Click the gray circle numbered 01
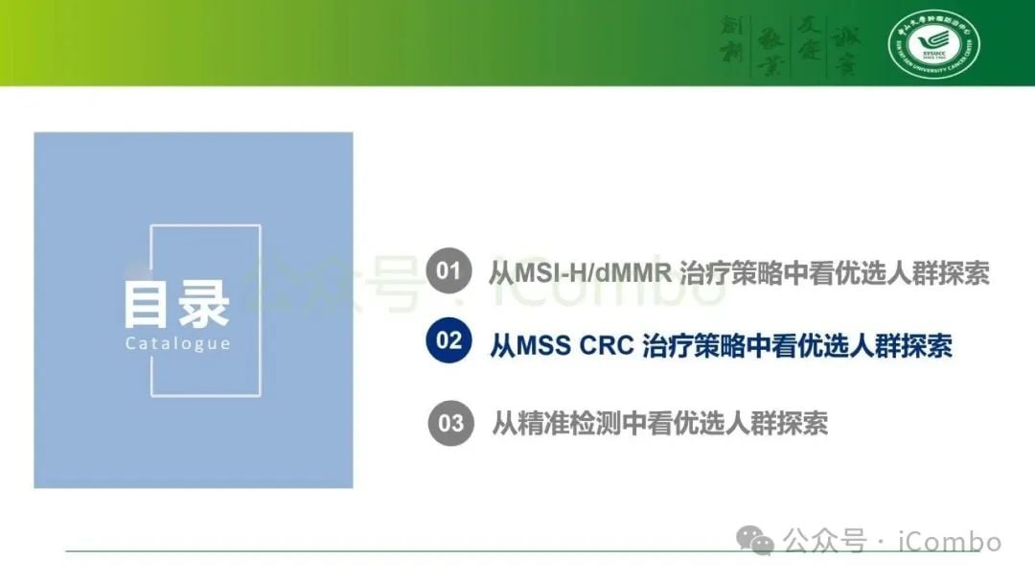click(x=448, y=271)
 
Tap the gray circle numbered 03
click(x=449, y=423)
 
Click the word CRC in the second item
click(x=607, y=345)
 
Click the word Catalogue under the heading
click(x=177, y=343)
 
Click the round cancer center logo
click(x=933, y=44)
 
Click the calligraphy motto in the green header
click(x=790, y=43)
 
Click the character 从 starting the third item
click(x=504, y=423)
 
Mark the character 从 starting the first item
click(x=501, y=272)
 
